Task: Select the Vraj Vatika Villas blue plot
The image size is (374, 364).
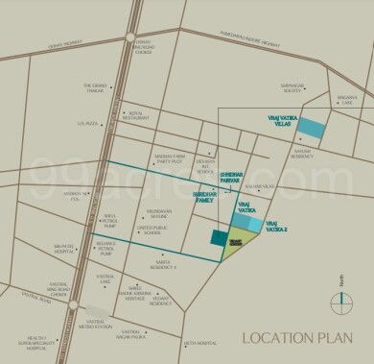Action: tap(310, 128)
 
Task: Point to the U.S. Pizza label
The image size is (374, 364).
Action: tap(88, 124)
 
